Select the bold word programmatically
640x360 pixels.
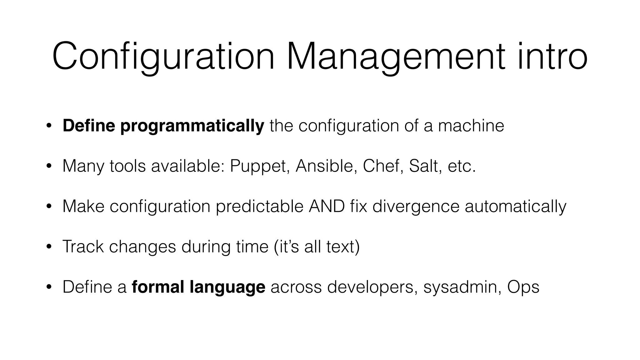(192, 126)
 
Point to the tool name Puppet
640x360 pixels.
(258, 166)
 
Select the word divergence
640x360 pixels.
(416, 206)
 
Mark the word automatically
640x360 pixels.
(515, 206)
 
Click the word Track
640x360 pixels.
(83, 247)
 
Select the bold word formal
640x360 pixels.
(158, 287)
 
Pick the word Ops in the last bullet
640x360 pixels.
(523, 287)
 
